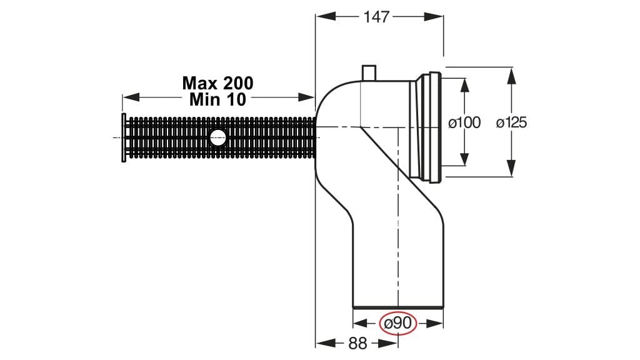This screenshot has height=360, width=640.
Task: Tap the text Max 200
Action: click(217, 82)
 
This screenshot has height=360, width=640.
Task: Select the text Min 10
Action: click(217, 99)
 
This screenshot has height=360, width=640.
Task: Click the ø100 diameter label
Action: click(465, 122)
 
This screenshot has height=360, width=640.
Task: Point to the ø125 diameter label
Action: click(511, 122)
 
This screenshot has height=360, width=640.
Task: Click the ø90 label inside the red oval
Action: click(398, 324)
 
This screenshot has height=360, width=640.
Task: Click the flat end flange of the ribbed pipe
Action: click(124, 137)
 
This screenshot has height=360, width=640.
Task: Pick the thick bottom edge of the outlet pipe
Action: click(398, 307)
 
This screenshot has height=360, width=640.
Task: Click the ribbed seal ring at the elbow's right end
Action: click(431, 129)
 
